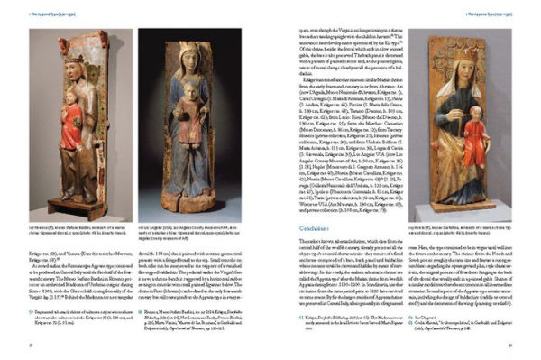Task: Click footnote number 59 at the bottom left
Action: [32, 311]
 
